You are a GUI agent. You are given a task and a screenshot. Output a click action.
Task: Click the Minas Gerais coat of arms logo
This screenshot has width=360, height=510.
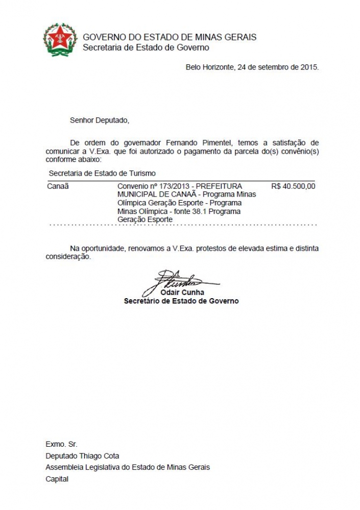click(60, 40)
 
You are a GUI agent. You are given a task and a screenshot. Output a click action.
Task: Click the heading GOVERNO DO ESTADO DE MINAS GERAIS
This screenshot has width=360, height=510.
click(170, 37)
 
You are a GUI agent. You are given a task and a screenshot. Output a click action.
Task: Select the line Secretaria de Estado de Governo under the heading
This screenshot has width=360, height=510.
click(146, 47)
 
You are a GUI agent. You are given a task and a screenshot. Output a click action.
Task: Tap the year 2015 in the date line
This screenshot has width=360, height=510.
click(310, 67)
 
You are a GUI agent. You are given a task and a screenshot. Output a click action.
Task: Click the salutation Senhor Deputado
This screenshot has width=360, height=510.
click(100, 120)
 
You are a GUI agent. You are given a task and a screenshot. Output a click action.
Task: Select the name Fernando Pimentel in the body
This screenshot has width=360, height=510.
click(196, 142)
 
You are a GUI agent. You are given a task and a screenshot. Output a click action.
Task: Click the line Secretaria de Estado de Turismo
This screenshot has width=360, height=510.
click(102, 174)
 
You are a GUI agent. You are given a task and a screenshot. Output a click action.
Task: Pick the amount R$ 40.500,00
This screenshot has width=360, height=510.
click(294, 186)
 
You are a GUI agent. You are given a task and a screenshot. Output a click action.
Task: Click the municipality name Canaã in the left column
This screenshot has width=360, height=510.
click(58, 186)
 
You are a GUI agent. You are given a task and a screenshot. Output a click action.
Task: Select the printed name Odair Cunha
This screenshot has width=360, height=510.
click(182, 293)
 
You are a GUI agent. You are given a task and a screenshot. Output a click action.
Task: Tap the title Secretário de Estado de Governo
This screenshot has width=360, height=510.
click(181, 301)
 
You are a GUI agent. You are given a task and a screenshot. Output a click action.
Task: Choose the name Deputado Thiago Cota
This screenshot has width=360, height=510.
click(82, 456)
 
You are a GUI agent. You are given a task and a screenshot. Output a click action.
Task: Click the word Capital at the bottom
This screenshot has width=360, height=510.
click(57, 479)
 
